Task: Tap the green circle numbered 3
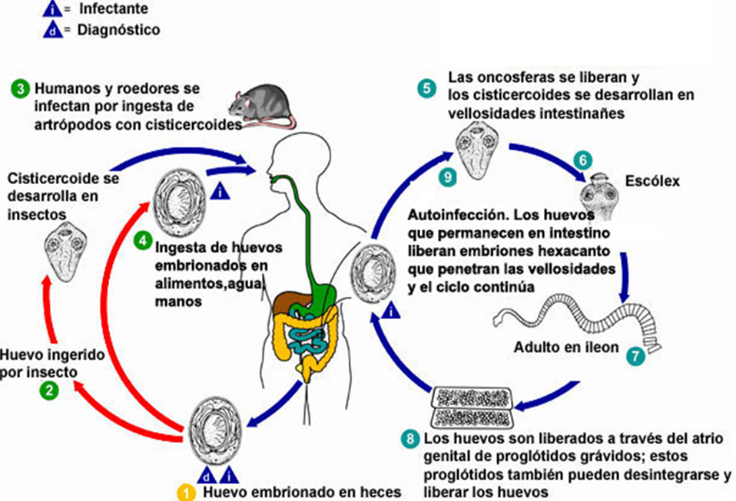point(20,87)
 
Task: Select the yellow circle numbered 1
point(185,492)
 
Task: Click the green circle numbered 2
point(49,391)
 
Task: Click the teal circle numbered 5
point(426,87)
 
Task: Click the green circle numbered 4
point(141,240)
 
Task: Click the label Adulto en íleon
point(566,348)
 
